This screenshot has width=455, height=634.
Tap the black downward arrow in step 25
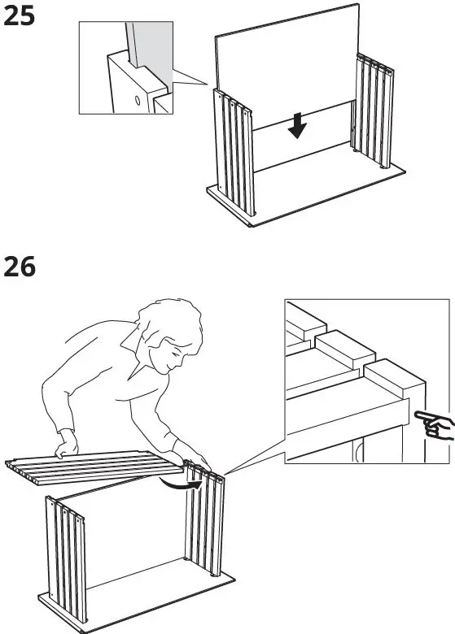(x=299, y=124)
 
